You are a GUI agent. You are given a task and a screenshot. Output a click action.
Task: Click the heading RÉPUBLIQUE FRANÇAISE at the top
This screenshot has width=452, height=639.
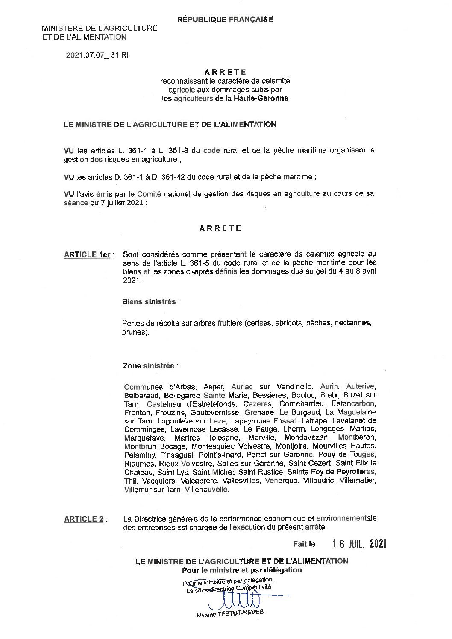[225, 19]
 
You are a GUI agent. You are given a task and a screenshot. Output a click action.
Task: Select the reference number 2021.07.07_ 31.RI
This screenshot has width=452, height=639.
[97, 55]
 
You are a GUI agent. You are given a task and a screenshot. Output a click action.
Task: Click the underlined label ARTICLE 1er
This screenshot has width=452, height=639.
[87, 255]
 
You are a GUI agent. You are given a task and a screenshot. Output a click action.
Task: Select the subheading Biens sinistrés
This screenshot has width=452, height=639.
[149, 302]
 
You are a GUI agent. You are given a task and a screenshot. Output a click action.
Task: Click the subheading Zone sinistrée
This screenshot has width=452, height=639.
[148, 366]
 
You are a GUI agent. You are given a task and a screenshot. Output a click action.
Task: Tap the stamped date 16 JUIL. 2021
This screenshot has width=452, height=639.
[360, 543]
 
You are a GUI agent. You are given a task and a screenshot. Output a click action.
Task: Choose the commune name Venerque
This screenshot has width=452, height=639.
[282, 481]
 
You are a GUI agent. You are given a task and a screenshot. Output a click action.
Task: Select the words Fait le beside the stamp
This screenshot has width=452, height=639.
[304, 544]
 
